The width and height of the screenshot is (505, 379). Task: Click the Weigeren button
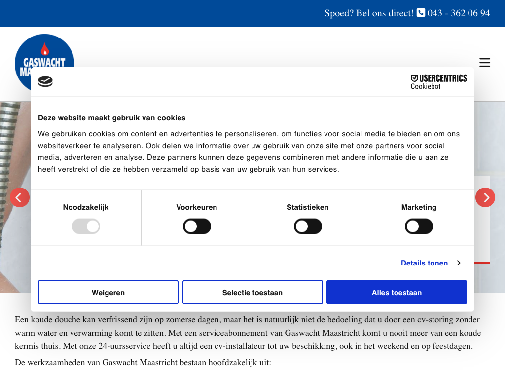pyautogui.click(x=108, y=293)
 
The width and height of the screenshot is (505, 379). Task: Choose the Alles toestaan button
pyautogui.click(x=397, y=293)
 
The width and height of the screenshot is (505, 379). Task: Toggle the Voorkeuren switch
pyautogui.click(x=197, y=227)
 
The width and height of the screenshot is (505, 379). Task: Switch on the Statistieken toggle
pyautogui.click(x=308, y=227)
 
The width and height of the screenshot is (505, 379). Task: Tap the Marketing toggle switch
pyautogui.click(x=419, y=227)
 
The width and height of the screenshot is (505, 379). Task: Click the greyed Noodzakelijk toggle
pyautogui.click(x=86, y=227)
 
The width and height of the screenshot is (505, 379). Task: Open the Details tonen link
pyautogui.click(x=424, y=263)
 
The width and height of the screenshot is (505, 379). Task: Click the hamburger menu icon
pyautogui.click(x=485, y=63)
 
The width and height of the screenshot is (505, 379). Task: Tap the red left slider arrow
pyautogui.click(x=20, y=197)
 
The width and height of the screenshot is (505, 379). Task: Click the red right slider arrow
pyautogui.click(x=485, y=197)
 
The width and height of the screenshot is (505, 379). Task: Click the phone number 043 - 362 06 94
pyautogui.click(x=459, y=13)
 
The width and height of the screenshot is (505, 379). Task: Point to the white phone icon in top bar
pyautogui.click(x=421, y=13)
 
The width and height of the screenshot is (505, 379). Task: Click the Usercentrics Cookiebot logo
pyautogui.click(x=438, y=81)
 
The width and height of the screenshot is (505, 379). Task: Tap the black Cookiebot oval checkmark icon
pyautogui.click(x=45, y=81)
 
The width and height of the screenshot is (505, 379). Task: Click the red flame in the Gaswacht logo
pyautogui.click(x=45, y=49)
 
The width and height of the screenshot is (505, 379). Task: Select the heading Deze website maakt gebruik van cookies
pyautogui.click(x=112, y=118)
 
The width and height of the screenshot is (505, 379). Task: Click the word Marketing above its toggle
pyautogui.click(x=419, y=207)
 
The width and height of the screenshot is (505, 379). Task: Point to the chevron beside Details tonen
pyautogui.click(x=459, y=263)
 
